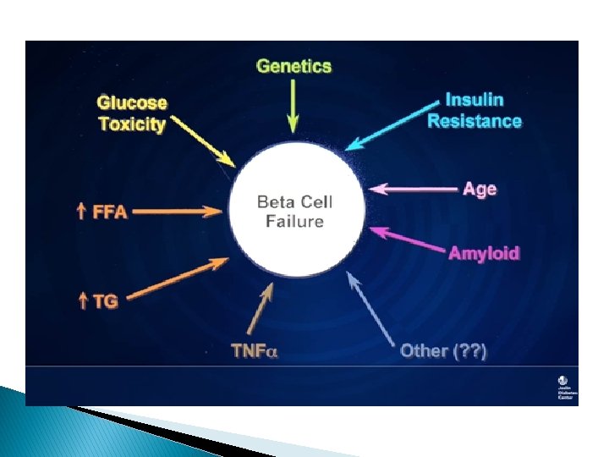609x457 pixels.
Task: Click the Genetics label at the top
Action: (x=294, y=66)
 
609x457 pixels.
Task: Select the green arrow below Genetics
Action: (x=294, y=106)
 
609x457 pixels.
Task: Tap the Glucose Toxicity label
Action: (x=132, y=113)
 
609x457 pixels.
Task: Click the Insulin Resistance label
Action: (x=474, y=111)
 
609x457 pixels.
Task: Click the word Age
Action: (x=480, y=189)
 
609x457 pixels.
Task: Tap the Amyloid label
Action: (x=484, y=253)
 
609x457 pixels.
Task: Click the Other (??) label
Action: (x=443, y=350)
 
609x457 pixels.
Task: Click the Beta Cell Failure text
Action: (x=294, y=212)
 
